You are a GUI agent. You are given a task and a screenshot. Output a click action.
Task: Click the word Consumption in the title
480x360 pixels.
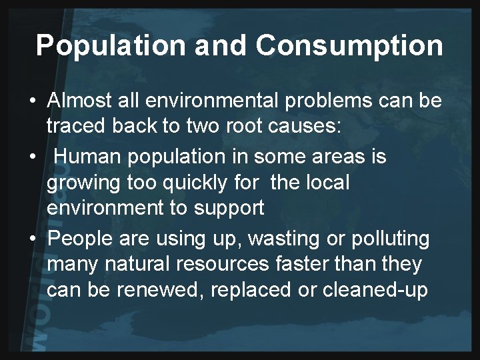pos(349,45)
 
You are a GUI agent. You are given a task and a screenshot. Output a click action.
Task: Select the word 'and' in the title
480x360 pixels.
pos(215,45)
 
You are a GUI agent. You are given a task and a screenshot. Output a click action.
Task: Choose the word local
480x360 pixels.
pos(326,182)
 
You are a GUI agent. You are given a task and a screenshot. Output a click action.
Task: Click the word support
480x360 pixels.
pos(227,209)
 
